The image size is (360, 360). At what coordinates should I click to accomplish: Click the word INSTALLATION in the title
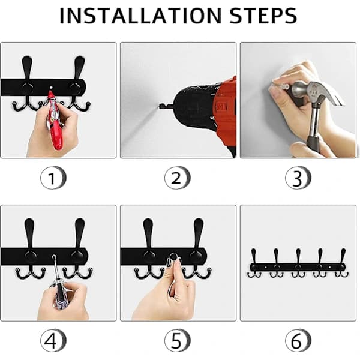[x=140, y=16]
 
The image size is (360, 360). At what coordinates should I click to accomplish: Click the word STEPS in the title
[x=263, y=16]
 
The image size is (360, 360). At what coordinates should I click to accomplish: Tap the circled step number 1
[x=53, y=178]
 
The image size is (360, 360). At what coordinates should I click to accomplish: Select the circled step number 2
[x=177, y=178]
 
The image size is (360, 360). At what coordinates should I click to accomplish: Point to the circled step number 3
[x=298, y=178]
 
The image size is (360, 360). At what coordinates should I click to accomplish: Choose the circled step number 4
[x=53, y=340]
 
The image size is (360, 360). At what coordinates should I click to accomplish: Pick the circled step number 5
[x=177, y=340]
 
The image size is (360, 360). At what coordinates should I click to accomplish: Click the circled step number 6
[x=298, y=340]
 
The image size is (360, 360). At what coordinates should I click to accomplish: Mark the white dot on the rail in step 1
[x=51, y=88]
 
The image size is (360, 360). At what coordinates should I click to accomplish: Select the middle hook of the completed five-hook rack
[x=298, y=263]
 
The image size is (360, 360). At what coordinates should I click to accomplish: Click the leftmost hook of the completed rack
[x=253, y=263]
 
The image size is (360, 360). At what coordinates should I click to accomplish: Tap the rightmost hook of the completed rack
[x=343, y=263]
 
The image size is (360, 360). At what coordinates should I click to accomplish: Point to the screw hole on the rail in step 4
[x=54, y=256]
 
